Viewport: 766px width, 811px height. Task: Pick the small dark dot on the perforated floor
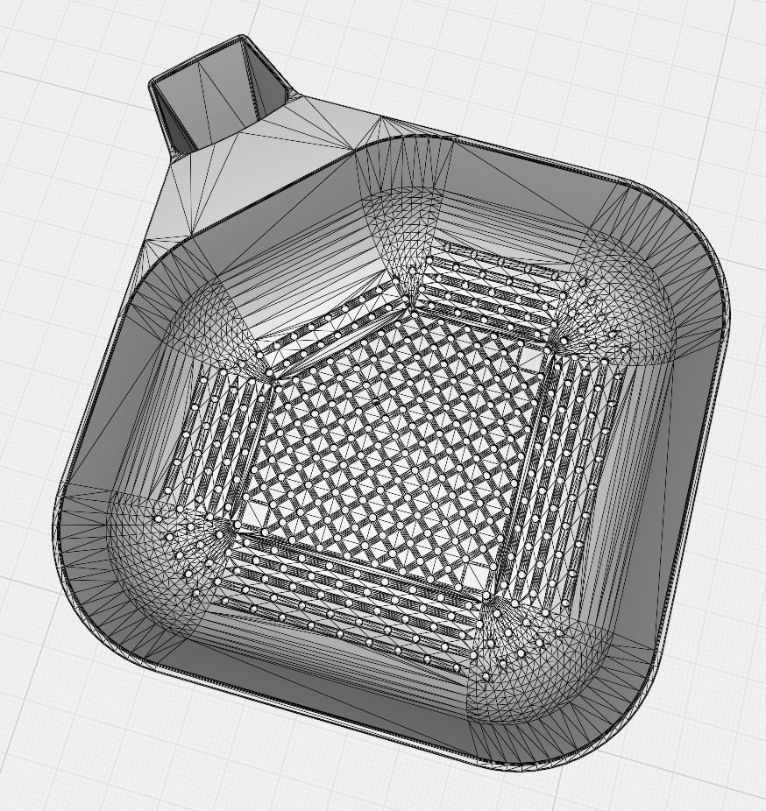pos(376,402)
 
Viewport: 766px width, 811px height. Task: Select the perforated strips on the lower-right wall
pos(570,473)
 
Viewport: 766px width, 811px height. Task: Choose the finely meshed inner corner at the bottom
pos(517,666)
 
